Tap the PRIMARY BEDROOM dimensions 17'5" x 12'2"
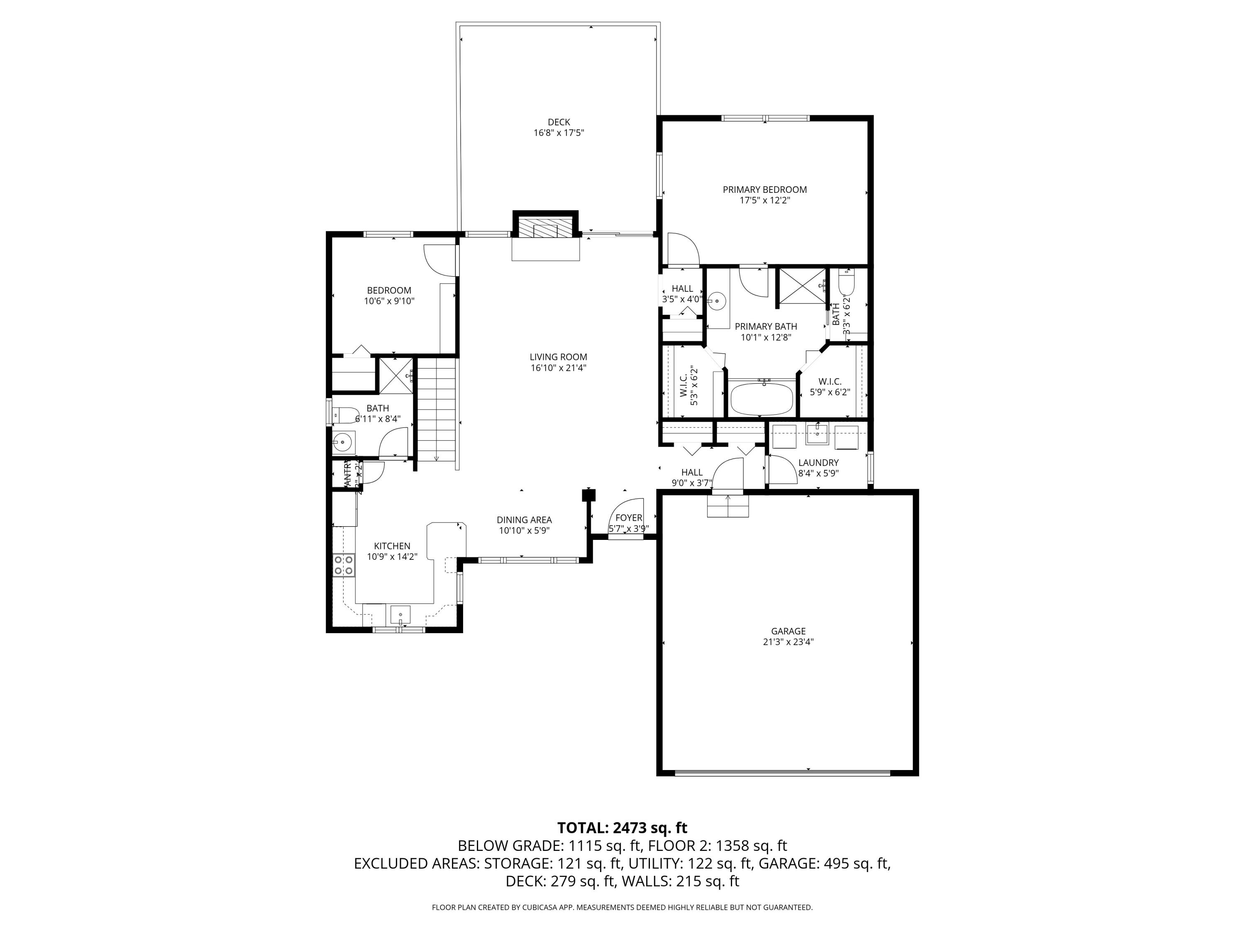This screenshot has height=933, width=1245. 764,200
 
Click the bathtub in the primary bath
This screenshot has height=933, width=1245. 761,398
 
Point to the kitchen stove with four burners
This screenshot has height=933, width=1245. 343,565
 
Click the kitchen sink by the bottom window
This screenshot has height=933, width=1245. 400,614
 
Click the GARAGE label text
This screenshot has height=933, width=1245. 788,631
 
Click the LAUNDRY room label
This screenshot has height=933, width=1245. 818,462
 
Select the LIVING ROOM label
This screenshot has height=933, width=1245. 558,357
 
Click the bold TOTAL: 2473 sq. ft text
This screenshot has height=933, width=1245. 622,828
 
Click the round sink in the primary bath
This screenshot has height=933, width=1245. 716,301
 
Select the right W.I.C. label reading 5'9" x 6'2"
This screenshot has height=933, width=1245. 830,392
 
